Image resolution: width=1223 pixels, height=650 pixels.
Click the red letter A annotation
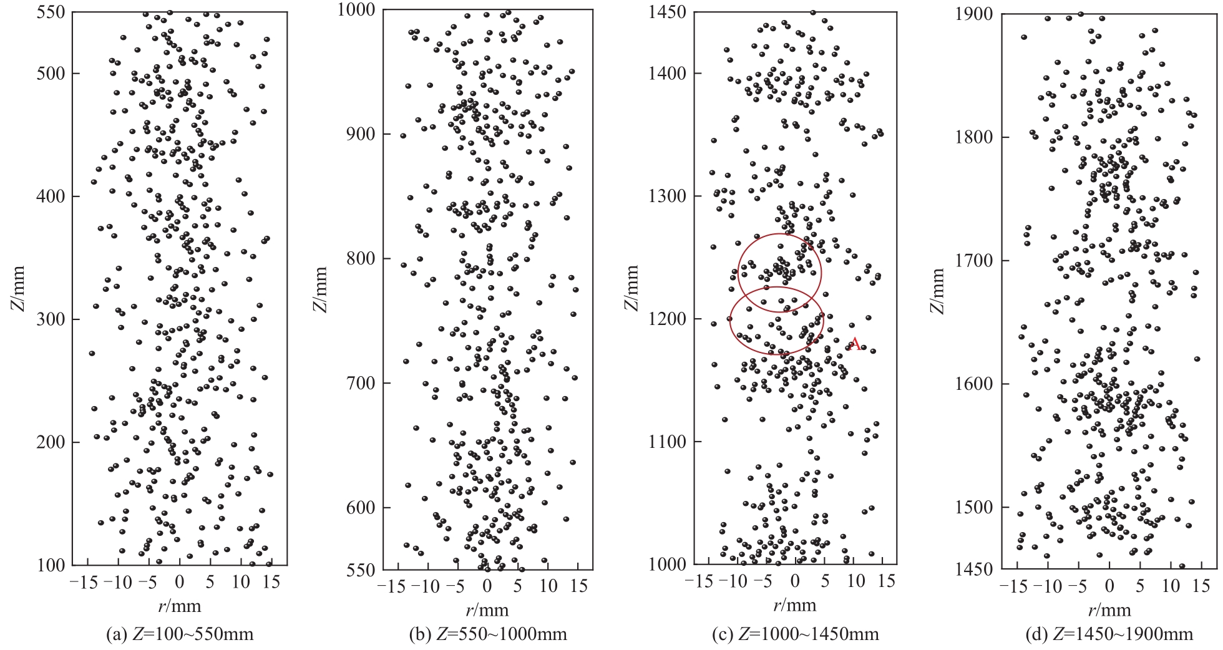855,344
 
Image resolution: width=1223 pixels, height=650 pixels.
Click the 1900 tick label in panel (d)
975,14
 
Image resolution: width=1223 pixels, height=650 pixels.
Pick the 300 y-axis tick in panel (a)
50,319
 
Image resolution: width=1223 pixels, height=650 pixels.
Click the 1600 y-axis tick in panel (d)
975,384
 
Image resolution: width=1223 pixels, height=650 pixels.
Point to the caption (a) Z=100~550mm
180,635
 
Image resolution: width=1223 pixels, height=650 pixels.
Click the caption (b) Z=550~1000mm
488,635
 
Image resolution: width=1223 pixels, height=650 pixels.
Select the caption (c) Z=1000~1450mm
796,635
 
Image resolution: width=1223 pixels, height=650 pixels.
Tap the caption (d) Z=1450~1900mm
1109,635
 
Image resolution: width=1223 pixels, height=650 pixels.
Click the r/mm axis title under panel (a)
180,606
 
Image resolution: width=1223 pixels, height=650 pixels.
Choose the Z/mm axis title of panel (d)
938,291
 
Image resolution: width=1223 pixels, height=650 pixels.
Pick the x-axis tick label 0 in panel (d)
1109,586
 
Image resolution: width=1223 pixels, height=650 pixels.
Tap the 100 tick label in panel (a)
50,565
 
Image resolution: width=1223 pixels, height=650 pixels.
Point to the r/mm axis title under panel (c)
796,605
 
